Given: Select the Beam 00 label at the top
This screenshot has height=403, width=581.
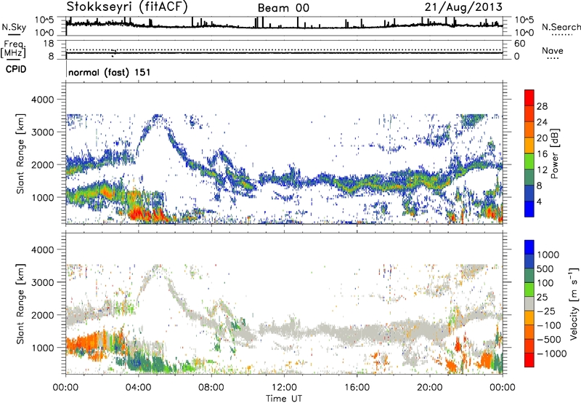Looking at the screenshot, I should coord(283,8).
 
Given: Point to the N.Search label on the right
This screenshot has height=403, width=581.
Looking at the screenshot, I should coord(556,26).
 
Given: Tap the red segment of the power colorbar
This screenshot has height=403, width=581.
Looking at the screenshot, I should coord(529,97).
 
